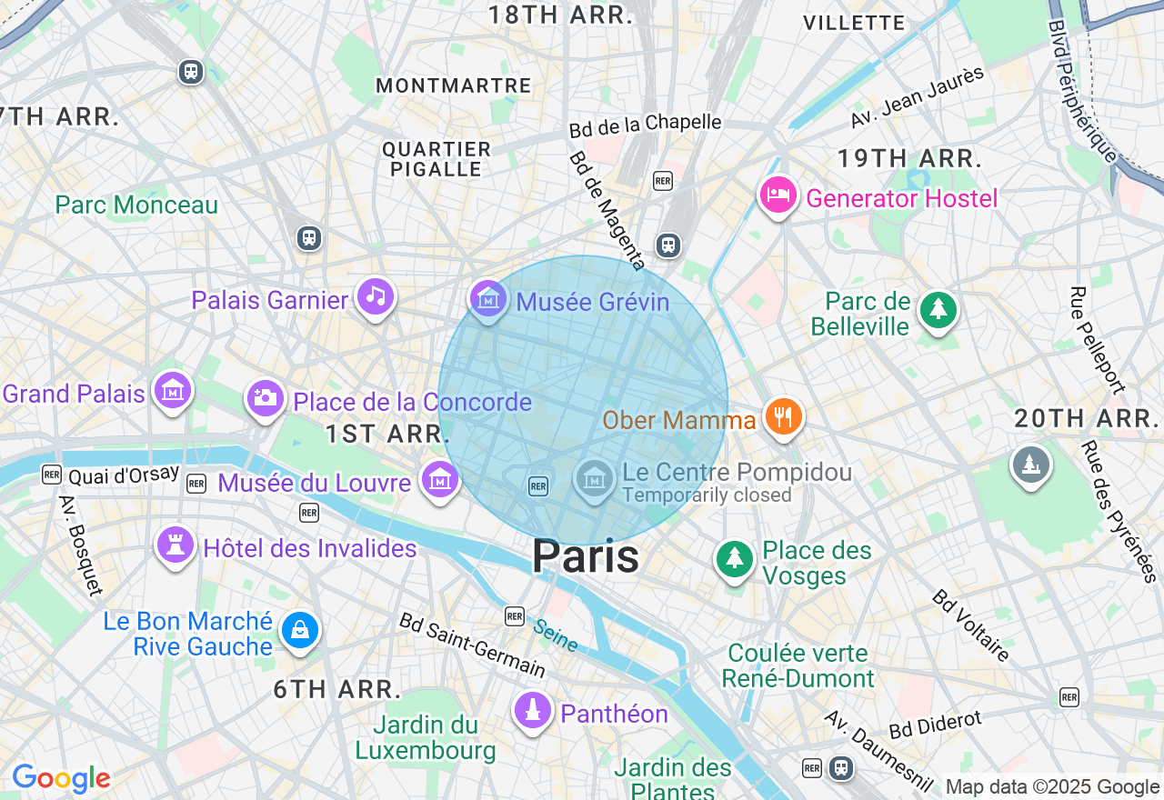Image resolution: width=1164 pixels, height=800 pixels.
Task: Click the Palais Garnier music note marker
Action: pos(375,295)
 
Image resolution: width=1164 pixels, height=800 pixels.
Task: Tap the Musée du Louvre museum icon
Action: pos(439,477)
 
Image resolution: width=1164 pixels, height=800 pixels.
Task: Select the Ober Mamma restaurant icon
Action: pos(782,416)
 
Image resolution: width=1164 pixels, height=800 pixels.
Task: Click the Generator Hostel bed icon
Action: pos(778,195)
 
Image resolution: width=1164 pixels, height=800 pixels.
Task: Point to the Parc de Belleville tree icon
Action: pos(938,310)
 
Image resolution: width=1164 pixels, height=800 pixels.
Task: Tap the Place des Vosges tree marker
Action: pos(734,557)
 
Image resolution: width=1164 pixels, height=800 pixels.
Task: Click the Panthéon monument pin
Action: pos(532,709)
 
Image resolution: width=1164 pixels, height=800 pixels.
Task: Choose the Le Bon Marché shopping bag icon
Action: pos(299,629)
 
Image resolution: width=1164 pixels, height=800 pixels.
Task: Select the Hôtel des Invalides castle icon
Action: pos(175,545)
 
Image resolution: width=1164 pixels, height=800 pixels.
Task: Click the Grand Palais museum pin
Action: pos(173,390)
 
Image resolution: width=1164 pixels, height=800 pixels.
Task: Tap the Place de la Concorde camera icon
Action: pos(265,397)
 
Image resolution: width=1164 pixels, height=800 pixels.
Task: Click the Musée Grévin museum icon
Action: pos(488,297)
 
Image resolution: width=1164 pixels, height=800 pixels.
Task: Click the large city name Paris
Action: pos(586,556)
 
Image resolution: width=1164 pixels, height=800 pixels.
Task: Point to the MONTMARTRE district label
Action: pos(453,85)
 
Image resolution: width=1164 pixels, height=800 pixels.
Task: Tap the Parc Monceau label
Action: pos(136,205)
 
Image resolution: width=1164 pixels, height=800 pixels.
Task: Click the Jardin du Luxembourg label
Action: pos(426,738)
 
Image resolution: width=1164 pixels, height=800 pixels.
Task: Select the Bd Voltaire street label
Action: pos(970,625)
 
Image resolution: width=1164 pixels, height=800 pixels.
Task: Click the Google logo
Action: pos(61,779)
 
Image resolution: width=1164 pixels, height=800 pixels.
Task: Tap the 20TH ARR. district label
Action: pos(1083,419)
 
